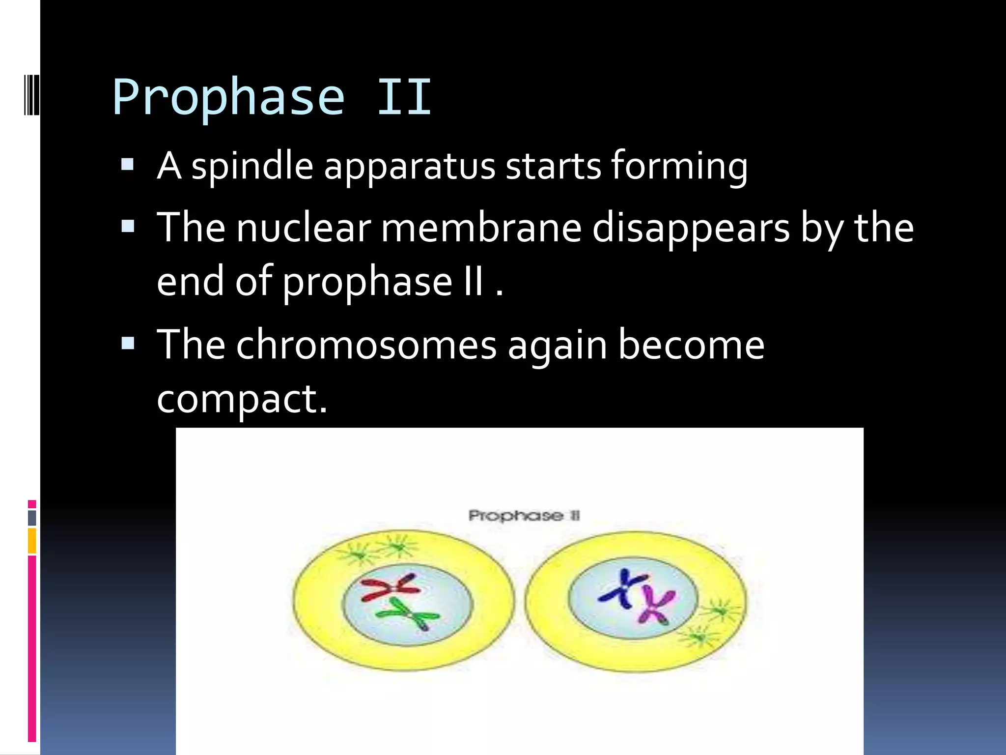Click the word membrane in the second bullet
click(x=481, y=229)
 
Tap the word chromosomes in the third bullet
click(x=366, y=346)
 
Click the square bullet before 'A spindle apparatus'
click(x=127, y=164)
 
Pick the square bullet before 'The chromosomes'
click(x=127, y=343)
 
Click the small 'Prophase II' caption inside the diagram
click(x=524, y=516)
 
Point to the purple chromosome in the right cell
click(x=656, y=607)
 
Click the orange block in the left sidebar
click(x=32, y=541)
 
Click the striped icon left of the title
click(x=31, y=94)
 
